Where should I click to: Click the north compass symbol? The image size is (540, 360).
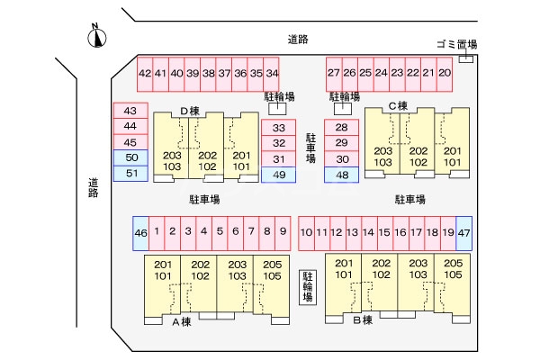[x=98, y=37]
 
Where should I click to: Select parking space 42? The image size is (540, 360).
[x=145, y=73]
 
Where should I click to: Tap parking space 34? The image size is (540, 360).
[x=272, y=73]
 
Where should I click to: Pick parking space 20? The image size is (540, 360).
[x=444, y=73]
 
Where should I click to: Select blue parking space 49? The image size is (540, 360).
[x=279, y=175]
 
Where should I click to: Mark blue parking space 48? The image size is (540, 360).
[x=341, y=175]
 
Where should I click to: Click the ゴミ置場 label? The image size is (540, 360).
[x=455, y=44]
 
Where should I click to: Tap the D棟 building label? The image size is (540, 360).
[x=189, y=112]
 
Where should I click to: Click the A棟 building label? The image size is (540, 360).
[x=182, y=321]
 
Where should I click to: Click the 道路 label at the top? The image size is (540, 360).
[x=299, y=39]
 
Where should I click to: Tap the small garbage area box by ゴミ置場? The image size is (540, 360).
[x=466, y=59]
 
